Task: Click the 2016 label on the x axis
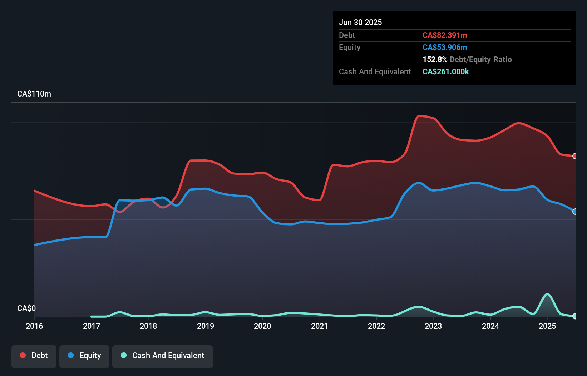pyautogui.click(x=34, y=326)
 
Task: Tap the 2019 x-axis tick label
pyautogui.click(x=206, y=326)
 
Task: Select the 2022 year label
pyautogui.click(x=376, y=326)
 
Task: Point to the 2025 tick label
pyautogui.click(x=547, y=326)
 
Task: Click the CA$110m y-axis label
pyautogui.click(x=34, y=94)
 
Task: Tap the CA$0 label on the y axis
pyautogui.click(x=26, y=308)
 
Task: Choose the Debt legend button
pyautogui.click(x=34, y=356)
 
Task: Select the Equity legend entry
pyautogui.click(x=84, y=356)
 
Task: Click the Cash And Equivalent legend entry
pyautogui.click(x=163, y=356)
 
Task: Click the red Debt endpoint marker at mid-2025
pyautogui.click(x=575, y=156)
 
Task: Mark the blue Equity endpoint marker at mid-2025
pyautogui.click(x=575, y=212)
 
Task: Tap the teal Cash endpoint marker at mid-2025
pyautogui.click(x=575, y=316)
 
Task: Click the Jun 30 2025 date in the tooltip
pyautogui.click(x=360, y=22)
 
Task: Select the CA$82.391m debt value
pyautogui.click(x=445, y=35)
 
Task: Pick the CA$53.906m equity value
pyautogui.click(x=445, y=47)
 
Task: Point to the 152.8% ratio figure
pyautogui.click(x=435, y=59)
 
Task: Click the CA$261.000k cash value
pyautogui.click(x=445, y=71)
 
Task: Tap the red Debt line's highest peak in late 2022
pyautogui.click(x=420, y=116)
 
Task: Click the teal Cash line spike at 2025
pyautogui.click(x=547, y=294)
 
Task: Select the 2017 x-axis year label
pyautogui.click(x=92, y=326)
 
